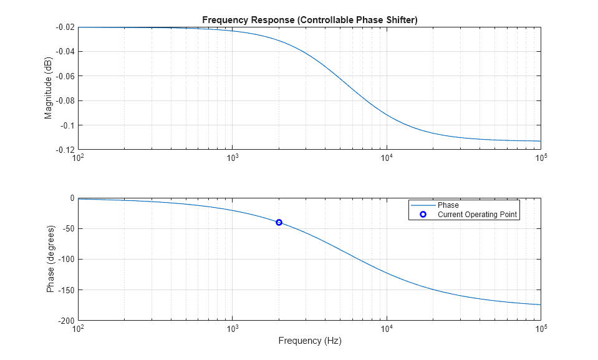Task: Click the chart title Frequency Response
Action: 309,20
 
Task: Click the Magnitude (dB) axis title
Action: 48,89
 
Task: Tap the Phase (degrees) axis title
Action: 50,259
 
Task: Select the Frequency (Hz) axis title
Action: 309,341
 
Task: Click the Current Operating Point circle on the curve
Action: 279,222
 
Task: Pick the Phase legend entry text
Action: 448,205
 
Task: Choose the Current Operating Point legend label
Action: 477,215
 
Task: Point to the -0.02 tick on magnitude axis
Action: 65,27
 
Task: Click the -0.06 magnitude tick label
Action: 65,76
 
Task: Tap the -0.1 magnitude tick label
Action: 67,125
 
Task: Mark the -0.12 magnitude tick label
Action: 65,150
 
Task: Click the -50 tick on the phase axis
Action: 67,229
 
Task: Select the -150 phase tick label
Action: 65,290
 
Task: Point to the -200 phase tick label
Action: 65,321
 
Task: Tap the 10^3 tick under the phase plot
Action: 232,329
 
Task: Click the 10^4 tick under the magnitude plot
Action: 387,158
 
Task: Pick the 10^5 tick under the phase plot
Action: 541,329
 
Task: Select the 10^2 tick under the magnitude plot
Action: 78,158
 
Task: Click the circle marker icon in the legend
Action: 422,215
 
